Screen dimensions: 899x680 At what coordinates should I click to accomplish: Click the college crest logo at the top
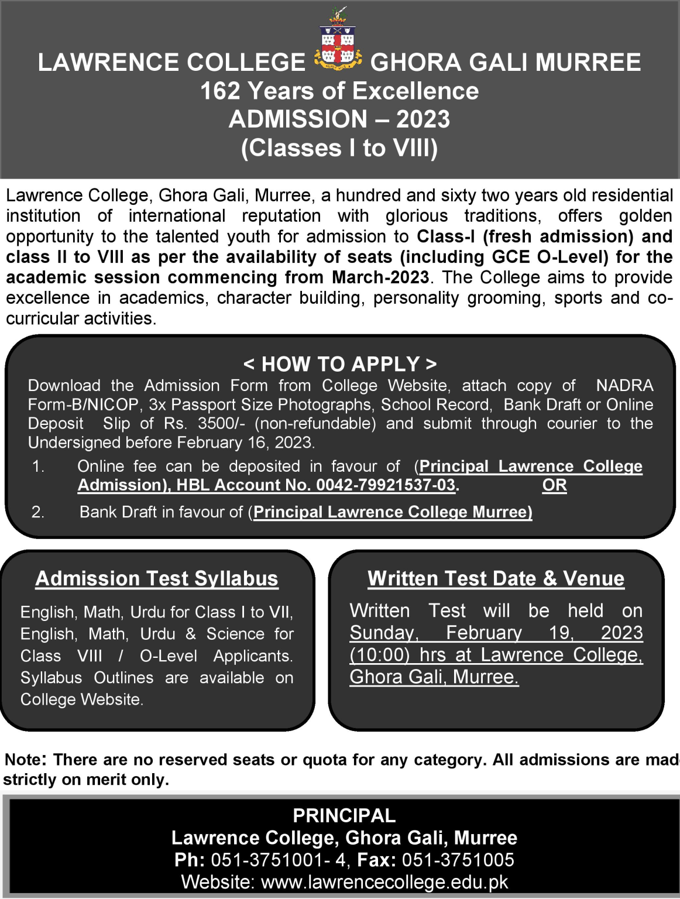point(338,41)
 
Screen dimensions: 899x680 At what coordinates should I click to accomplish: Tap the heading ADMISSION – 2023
point(339,119)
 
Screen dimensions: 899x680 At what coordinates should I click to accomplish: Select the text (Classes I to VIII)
point(339,148)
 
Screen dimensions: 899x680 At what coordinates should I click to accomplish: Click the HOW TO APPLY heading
point(340,364)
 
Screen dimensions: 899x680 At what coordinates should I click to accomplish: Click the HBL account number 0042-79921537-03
point(386,485)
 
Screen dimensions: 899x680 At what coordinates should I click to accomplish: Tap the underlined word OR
point(554,485)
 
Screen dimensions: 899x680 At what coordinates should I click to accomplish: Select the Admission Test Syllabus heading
point(157,578)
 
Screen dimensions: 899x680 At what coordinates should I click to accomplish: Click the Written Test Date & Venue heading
point(496,578)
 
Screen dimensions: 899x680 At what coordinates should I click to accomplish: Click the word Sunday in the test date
point(384,633)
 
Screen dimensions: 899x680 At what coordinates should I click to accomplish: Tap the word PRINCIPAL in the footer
point(344,815)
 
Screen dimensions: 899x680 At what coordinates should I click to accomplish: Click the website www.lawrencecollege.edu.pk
point(384,882)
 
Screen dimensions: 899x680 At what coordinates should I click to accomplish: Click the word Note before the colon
point(23,760)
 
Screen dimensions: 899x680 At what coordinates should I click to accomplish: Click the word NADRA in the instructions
point(624,386)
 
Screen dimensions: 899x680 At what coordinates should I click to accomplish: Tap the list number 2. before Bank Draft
point(38,512)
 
